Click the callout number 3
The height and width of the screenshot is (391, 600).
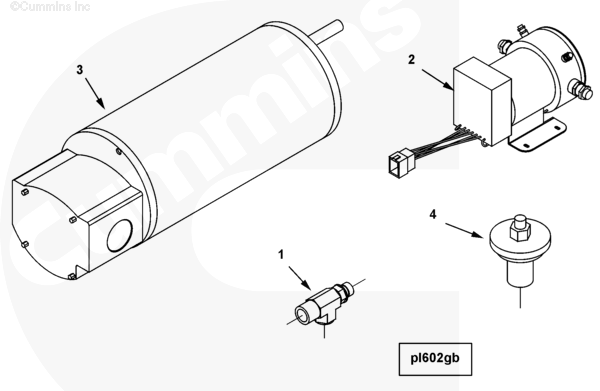click(80, 70)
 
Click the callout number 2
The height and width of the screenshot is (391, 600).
click(411, 60)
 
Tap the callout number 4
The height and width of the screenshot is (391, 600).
click(433, 215)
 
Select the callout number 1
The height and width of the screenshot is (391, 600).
click(281, 254)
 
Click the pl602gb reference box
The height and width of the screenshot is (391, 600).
click(435, 359)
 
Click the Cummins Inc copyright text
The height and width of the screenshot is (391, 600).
click(50, 7)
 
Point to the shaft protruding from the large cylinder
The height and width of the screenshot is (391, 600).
click(326, 30)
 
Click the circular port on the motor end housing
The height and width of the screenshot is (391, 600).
click(120, 235)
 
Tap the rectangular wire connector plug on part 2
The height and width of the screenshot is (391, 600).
click(400, 160)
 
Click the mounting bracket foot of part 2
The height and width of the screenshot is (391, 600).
click(537, 136)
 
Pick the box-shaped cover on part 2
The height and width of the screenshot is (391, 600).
click(482, 101)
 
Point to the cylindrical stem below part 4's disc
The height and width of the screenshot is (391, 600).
click(520, 272)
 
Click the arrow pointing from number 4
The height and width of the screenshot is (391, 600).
click(464, 231)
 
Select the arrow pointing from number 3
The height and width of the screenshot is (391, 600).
click(95, 93)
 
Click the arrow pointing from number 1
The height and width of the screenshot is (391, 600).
click(300, 278)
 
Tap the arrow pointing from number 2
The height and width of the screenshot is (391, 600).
click(438, 80)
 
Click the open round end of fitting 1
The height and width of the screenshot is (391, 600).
click(301, 315)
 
